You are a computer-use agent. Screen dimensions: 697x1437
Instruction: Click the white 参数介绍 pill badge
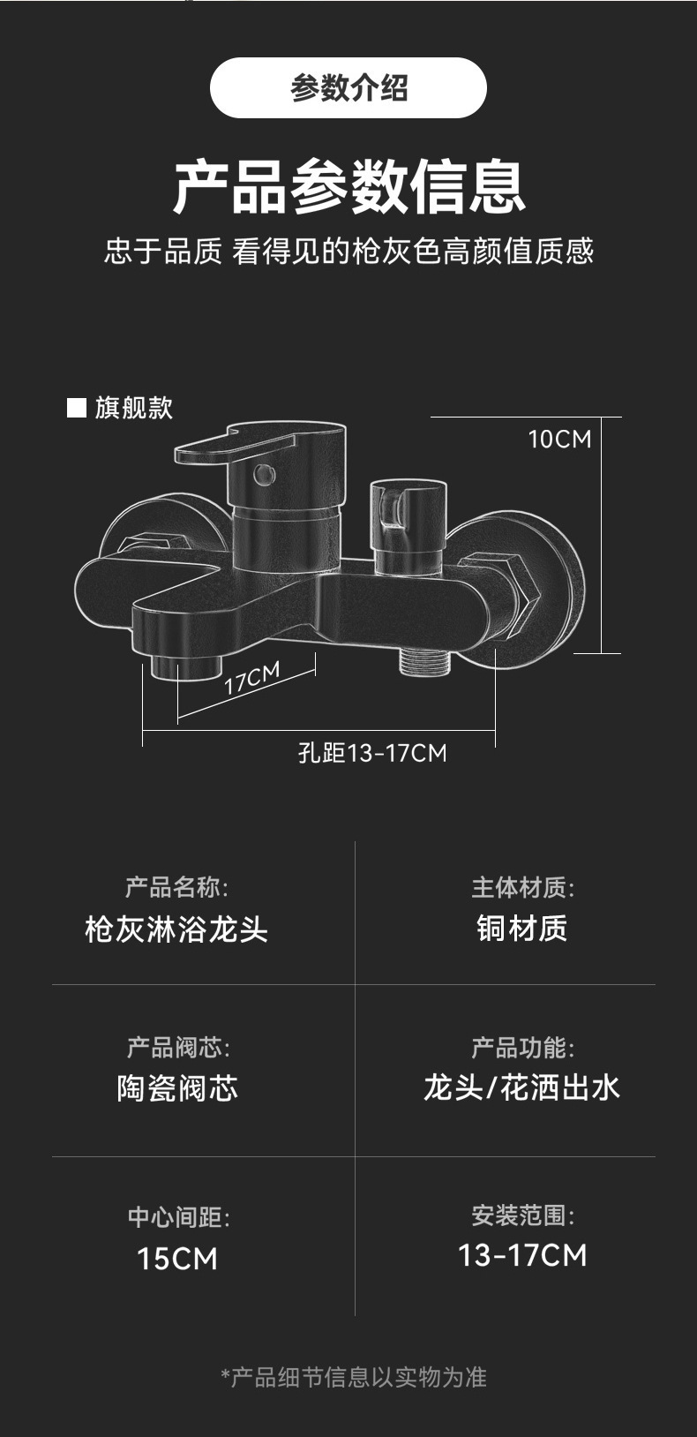tap(348, 88)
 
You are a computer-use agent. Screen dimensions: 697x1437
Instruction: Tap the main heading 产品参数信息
tap(348, 186)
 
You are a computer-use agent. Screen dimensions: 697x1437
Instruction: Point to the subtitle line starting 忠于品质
tap(348, 252)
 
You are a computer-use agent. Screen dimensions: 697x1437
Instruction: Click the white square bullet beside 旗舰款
tap(77, 407)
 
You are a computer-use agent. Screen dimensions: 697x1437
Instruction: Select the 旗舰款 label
tap(134, 407)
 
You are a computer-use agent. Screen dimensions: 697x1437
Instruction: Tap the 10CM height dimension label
tap(559, 439)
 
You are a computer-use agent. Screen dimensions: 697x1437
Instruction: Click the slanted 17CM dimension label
tap(251, 678)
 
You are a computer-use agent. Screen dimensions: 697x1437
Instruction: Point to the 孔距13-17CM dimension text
tap(372, 753)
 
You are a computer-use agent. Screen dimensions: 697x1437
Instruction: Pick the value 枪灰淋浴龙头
tap(176, 929)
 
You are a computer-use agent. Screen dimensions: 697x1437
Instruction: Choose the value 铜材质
tap(522, 929)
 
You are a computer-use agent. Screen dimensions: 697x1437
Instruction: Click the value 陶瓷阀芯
tap(177, 1088)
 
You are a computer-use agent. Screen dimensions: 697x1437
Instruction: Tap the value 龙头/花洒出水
tap(522, 1087)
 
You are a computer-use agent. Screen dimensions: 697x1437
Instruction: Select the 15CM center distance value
tap(177, 1259)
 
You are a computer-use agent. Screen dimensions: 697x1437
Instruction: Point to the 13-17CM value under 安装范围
tap(522, 1255)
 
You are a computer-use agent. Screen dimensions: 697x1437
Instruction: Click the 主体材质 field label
tap(522, 887)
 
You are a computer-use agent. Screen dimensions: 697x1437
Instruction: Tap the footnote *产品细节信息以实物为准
tap(353, 1377)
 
